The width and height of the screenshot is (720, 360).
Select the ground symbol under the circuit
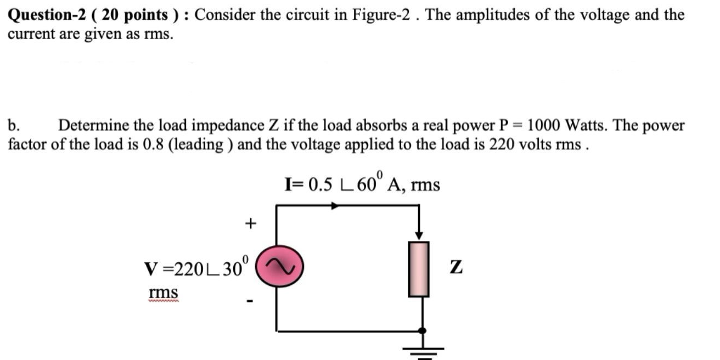[421, 351]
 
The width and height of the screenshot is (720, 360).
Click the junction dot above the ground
[421, 330]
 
